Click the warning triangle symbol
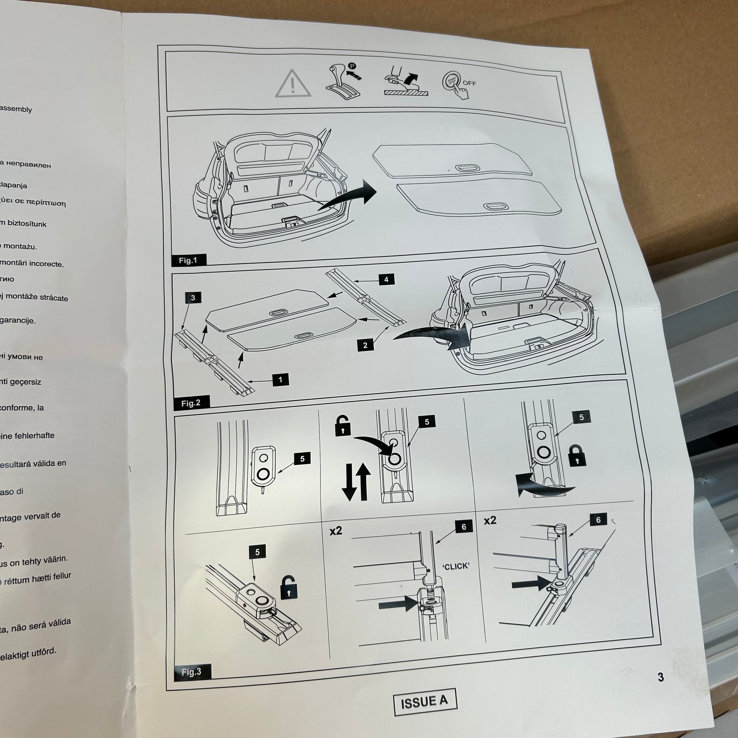(293, 83)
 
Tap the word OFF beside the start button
(469, 83)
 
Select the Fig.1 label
(188, 261)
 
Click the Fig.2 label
(191, 403)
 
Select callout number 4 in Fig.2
(386, 279)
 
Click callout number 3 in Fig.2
(193, 298)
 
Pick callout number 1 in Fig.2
(281, 380)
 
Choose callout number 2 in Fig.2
(365, 345)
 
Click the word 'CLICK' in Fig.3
(456, 567)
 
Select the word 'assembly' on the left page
(16, 109)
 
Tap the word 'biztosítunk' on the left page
(27, 223)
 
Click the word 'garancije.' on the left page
(17, 320)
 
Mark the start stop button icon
(452, 83)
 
